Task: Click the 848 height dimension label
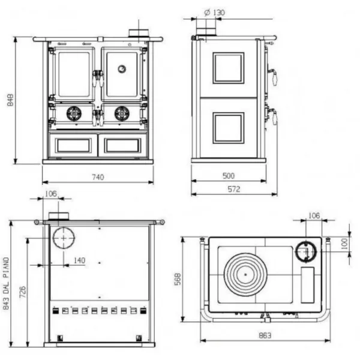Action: [x=10, y=100]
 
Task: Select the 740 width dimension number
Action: [x=98, y=177]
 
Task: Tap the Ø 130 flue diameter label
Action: [x=214, y=13]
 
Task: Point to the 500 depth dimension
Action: [x=229, y=176]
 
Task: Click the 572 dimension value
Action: [x=234, y=189]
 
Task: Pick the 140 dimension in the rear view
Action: [x=79, y=260]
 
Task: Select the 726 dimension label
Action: [x=23, y=292]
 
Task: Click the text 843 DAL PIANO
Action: [x=6, y=283]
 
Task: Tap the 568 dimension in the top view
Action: [x=178, y=279]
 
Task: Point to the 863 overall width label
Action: [x=265, y=335]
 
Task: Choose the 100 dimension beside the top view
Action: [x=344, y=244]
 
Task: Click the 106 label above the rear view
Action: [x=51, y=194]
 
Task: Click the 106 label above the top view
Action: [x=314, y=215]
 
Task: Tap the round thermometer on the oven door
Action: [x=122, y=68]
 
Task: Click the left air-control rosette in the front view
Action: [x=74, y=113]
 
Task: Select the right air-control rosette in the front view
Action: [x=122, y=113]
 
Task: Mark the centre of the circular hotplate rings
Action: [x=245, y=274]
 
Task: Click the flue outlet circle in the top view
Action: [x=306, y=252]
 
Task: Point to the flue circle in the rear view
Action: [x=64, y=238]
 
